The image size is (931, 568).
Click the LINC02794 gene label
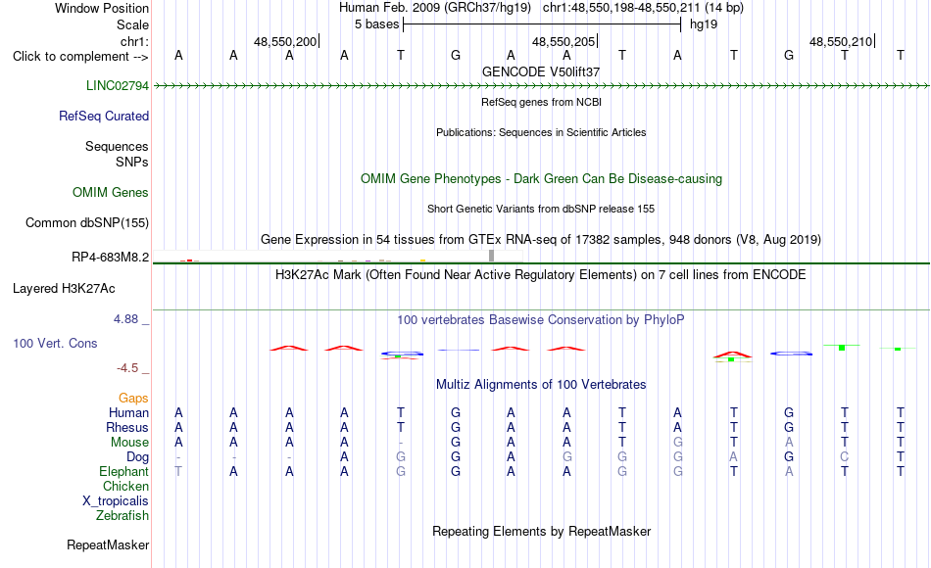coord(117,85)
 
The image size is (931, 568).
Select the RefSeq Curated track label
coord(104,116)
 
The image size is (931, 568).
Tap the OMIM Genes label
coord(111,192)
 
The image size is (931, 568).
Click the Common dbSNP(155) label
coord(87,222)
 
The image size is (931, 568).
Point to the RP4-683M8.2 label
coord(111,257)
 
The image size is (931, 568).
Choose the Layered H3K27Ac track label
coord(64,289)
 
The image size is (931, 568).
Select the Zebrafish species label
coord(122,515)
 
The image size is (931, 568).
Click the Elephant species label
coord(124,471)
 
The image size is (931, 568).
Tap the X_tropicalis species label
coord(116,500)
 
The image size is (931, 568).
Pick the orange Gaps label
coord(133,398)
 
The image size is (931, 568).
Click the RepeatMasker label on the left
coord(108,544)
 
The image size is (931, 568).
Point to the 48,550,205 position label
coord(563,41)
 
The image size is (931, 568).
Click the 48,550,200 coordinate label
coord(285,41)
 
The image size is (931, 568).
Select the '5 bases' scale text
coord(377,24)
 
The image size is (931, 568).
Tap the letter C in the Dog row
coord(845,457)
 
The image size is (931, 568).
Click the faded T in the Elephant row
coord(178,471)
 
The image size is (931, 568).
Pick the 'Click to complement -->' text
coord(80,57)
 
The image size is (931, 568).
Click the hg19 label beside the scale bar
coord(704,24)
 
